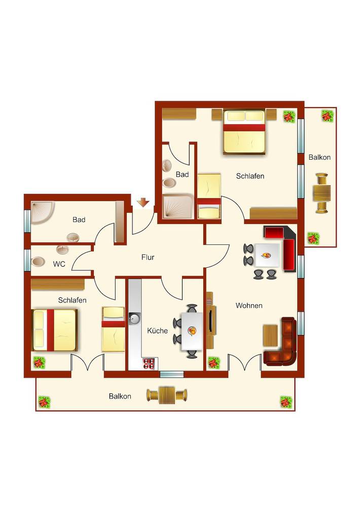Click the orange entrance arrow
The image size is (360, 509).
(143, 203)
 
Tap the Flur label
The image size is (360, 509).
(148, 258)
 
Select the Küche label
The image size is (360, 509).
(158, 331)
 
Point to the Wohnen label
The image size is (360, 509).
(249, 306)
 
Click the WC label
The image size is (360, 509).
(59, 264)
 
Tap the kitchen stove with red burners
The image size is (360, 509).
(150, 363)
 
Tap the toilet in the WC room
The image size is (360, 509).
(39, 261)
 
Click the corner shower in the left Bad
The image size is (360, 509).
(42, 212)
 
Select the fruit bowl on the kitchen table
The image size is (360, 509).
(193, 331)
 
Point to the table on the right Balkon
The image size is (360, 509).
(321, 194)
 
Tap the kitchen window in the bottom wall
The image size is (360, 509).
(172, 374)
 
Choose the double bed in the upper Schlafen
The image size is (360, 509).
(244, 131)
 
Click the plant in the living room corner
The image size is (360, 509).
(214, 362)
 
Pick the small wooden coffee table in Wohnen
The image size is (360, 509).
(270, 335)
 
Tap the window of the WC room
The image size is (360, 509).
(27, 260)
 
